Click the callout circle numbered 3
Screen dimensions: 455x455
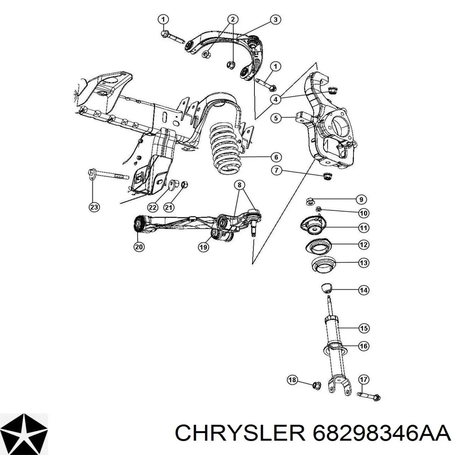pos(275,20)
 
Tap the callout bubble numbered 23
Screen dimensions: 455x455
pos(94,207)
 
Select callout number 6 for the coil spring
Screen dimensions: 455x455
pos(276,157)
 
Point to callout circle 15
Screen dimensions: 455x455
pos(364,328)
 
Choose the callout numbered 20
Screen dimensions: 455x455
pos(139,247)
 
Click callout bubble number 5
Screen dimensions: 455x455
pos(276,118)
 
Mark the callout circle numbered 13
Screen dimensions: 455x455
pos(364,262)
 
